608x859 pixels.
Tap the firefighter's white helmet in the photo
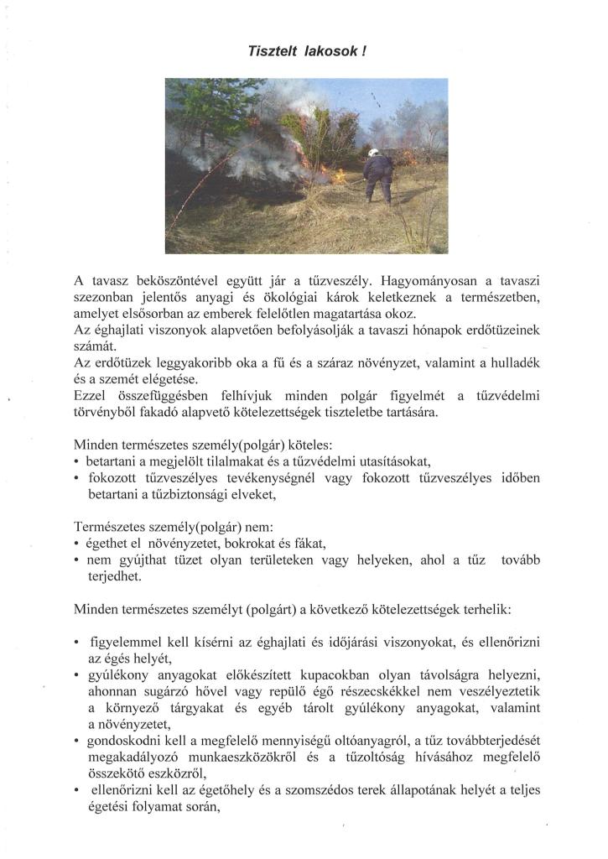[x=376, y=154]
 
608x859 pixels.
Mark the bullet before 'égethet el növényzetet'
[x=77, y=543]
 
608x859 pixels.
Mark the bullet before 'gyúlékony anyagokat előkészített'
[x=77, y=676]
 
